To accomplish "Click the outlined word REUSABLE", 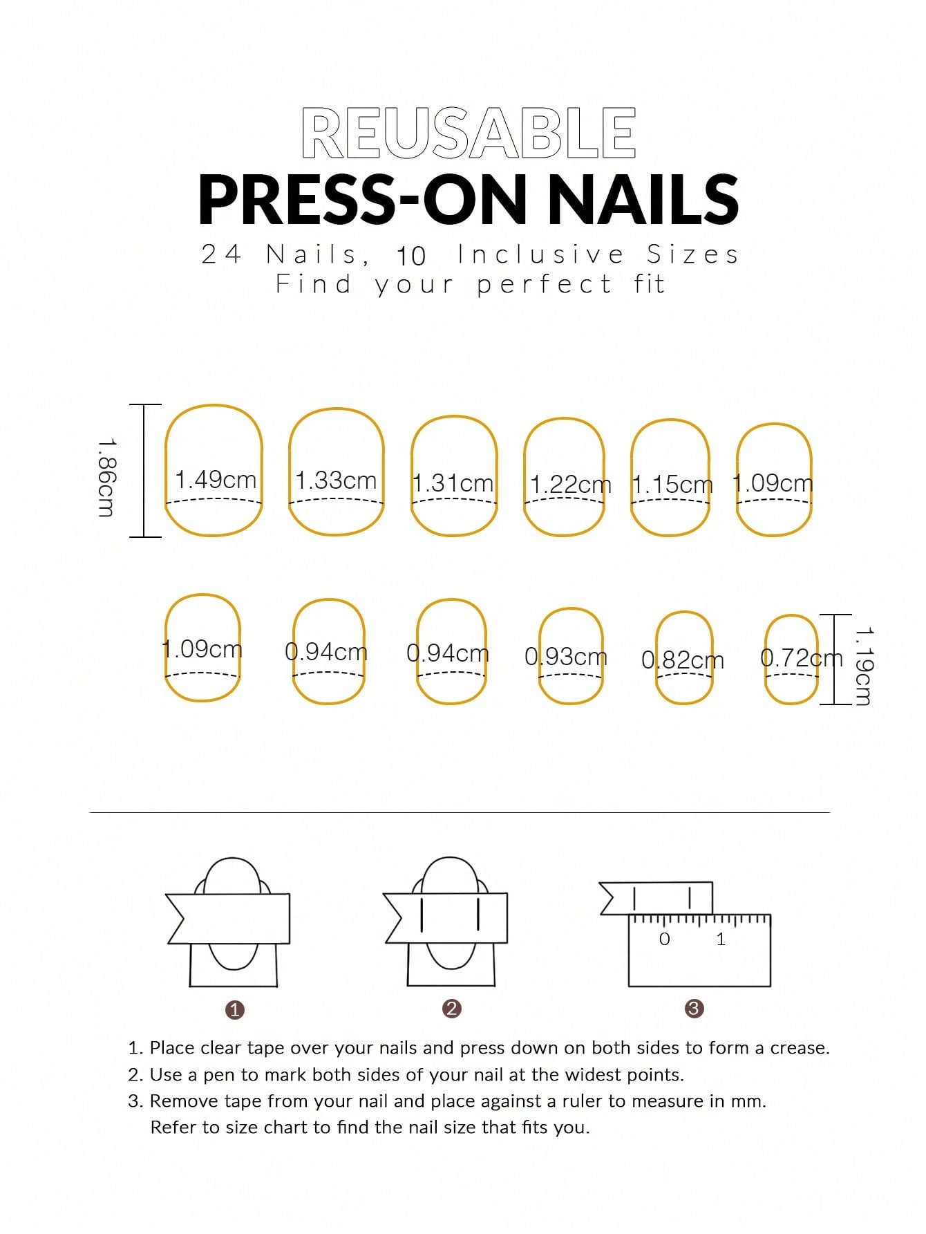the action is click(469, 133).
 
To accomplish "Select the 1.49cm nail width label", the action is click(215, 479).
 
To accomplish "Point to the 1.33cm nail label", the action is click(336, 480).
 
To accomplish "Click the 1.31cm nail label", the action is click(453, 483).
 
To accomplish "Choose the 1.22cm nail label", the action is click(571, 485).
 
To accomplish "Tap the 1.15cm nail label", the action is click(672, 484).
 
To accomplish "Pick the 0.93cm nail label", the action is click(566, 656).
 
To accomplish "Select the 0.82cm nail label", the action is click(683, 660).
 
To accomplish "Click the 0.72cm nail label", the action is click(802, 657).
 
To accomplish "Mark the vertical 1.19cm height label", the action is click(863, 666).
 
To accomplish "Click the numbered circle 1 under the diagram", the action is click(235, 1010).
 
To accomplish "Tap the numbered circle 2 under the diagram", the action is click(451, 1009).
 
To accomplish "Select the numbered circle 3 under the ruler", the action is click(694, 1009).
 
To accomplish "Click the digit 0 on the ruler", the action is click(665, 939).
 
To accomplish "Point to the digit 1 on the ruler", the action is click(721, 939).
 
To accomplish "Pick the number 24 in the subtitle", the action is click(221, 254).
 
